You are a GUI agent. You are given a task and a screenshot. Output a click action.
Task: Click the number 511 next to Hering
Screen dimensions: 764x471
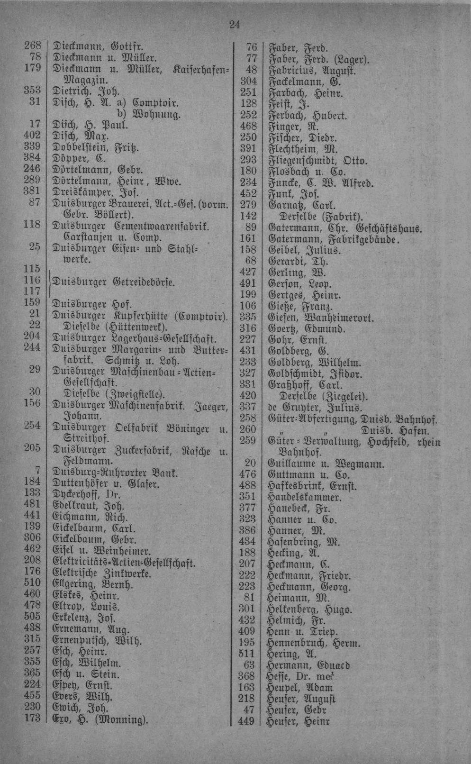pos(248,654)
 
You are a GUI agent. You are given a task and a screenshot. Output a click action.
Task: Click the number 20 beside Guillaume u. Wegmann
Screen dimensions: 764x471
pos(250,463)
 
